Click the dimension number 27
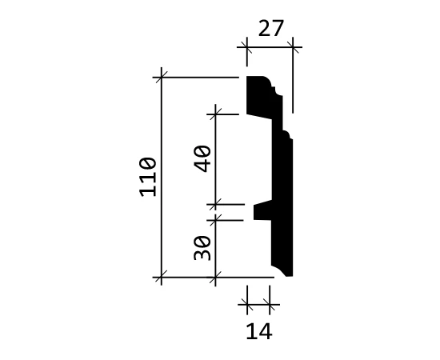[x=270, y=28]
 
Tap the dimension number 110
[x=148, y=177]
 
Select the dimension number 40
[x=202, y=158]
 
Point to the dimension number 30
[x=202, y=248]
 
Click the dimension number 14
[x=259, y=331]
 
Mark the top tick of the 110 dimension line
[x=162, y=77]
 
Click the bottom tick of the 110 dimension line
[x=162, y=277]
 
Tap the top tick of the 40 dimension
[x=215, y=114]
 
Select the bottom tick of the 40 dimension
[x=215, y=205]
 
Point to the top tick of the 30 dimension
[x=215, y=220]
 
